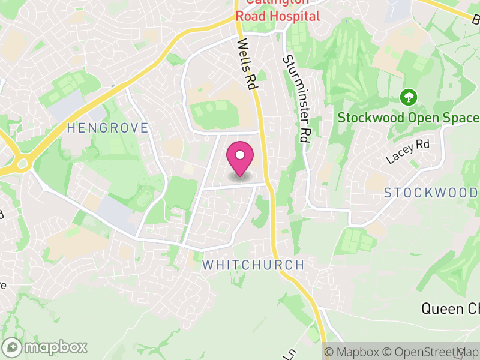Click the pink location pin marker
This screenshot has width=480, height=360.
click(x=240, y=160)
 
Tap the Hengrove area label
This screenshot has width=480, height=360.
click(x=107, y=128)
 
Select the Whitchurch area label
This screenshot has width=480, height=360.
click(x=253, y=265)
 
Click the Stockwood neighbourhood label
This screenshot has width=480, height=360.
click(x=431, y=193)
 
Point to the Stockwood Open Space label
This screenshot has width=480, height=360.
click(x=409, y=118)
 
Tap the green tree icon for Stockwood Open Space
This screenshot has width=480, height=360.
click(x=408, y=96)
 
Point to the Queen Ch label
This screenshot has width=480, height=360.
click(x=450, y=309)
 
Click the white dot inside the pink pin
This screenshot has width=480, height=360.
click(x=240, y=155)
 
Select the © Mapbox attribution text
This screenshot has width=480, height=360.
click(x=352, y=352)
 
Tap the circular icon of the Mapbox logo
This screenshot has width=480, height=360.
click(x=11, y=347)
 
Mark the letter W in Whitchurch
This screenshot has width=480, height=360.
click(x=208, y=265)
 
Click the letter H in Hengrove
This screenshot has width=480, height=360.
click(x=71, y=128)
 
